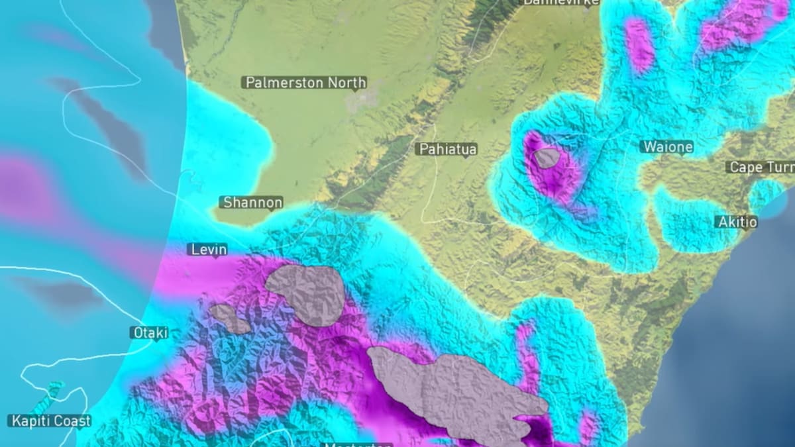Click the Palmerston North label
coord(305,83)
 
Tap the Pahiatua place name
coord(448,149)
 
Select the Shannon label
coord(252,203)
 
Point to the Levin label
coord(208,250)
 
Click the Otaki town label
coord(149,332)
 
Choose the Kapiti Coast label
coord(50,421)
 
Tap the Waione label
coord(666,147)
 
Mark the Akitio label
coord(737,222)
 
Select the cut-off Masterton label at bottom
coord(358,444)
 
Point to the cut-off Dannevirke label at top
coord(560,3)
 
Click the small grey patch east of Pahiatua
coord(547,158)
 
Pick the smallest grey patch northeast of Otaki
coord(229,317)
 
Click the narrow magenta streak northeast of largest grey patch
coord(527,358)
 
